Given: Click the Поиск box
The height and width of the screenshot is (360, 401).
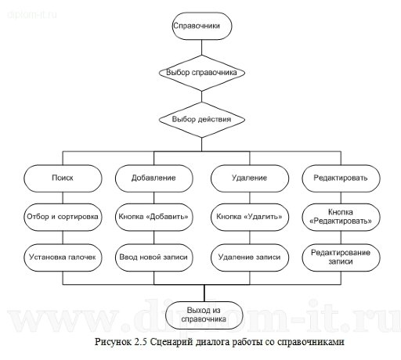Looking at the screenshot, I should (x=61, y=178).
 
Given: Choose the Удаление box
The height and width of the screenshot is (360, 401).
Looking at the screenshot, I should (x=247, y=178).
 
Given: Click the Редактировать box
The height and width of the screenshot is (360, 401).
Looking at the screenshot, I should (x=340, y=178).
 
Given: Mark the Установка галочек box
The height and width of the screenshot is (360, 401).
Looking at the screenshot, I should (x=61, y=255).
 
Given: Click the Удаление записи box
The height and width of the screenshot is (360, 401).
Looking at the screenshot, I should (x=247, y=255).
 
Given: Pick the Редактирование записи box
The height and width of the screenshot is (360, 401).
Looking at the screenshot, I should (x=340, y=257).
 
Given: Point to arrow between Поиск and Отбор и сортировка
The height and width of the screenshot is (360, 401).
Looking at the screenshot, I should (x=61, y=197).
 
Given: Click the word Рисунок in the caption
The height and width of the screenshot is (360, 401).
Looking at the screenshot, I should (x=112, y=343).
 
